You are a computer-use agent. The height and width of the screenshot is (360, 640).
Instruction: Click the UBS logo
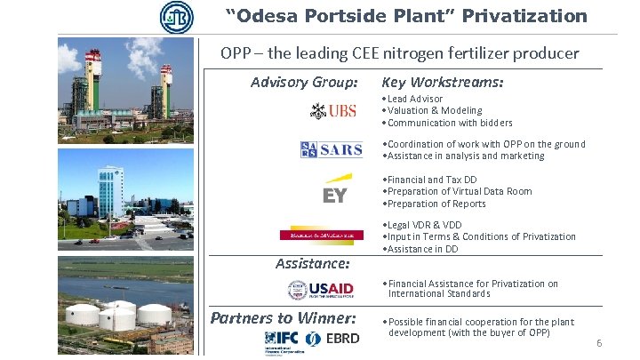pyautogui.click(x=333, y=111)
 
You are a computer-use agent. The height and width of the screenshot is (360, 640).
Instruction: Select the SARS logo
pyautogui.click(x=332, y=149)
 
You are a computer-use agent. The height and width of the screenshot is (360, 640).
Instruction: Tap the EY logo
pyautogui.click(x=335, y=191)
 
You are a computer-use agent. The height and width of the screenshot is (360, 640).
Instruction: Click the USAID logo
pyautogui.click(x=321, y=289)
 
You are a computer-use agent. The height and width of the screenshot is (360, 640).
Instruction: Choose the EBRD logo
pyautogui.click(x=332, y=339)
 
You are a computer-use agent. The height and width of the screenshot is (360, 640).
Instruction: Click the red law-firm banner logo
pyautogui.click(x=322, y=235)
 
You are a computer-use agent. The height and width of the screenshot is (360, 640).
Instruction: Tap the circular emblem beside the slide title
pyautogui.click(x=175, y=17)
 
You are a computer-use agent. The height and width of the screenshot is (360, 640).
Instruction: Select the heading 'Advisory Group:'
pyautogui.click(x=304, y=83)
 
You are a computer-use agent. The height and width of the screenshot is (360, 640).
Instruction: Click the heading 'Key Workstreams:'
pyautogui.click(x=442, y=83)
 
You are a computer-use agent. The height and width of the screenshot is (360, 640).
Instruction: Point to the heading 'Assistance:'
pyautogui.click(x=312, y=263)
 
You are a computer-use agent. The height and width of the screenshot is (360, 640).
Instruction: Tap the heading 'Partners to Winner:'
pyautogui.click(x=283, y=317)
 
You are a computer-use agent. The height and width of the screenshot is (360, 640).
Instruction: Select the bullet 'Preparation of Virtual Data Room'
pyautogui.click(x=460, y=191)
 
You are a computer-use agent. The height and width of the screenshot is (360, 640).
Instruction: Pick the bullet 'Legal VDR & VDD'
pyautogui.click(x=424, y=225)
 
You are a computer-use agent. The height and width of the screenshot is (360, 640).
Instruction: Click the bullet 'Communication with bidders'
pyautogui.click(x=450, y=123)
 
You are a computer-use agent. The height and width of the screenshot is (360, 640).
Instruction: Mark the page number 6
pyautogui.click(x=599, y=343)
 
